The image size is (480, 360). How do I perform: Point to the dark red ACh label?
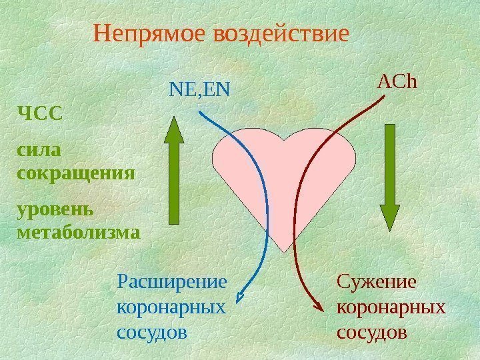pyautogui.click(x=397, y=82)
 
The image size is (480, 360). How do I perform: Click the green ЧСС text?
pyautogui.click(x=39, y=113)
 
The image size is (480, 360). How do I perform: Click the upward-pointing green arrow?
pyautogui.click(x=173, y=170)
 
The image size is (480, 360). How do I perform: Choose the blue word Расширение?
pyautogui.click(x=171, y=283)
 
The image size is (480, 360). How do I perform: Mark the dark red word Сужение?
pyautogui.click(x=376, y=283)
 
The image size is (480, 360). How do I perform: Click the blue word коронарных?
pyautogui.click(x=171, y=307)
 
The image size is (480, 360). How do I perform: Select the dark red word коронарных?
pyautogui.click(x=392, y=307)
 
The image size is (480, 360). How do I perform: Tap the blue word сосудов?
pyautogui.click(x=152, y=331)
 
